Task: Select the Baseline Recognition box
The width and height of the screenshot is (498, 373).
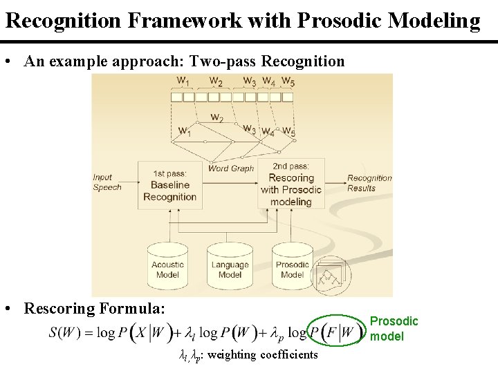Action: click(169, 185)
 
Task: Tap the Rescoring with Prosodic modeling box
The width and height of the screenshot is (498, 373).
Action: click(290, 185)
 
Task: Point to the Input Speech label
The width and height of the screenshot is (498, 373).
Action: click(107, 182)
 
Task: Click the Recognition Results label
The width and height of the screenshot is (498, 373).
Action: click(369, 182)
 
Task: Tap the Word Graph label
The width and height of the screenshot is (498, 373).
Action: click(231, 168)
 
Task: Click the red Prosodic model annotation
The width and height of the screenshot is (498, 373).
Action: click(394, 329)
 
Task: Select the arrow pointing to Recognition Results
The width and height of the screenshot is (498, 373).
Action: click(335, 181)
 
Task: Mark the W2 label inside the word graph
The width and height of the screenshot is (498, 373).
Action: click(216, 117)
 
